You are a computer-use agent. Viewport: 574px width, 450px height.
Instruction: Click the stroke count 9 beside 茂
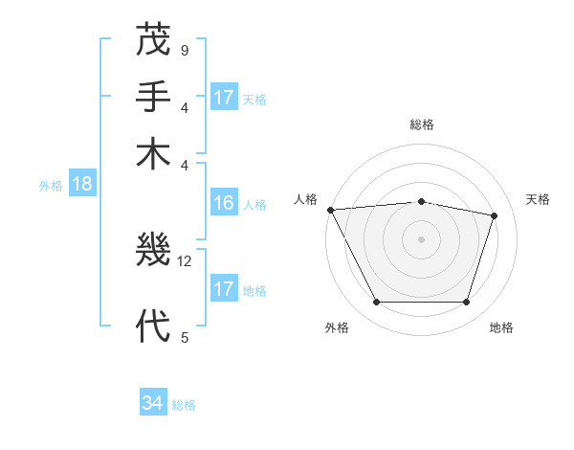[x=184, y=50]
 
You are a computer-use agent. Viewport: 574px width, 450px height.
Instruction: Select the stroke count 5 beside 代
[x=184, y=336]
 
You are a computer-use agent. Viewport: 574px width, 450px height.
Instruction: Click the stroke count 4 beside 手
[x=184, y=106]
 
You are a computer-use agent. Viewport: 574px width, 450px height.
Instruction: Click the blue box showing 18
[x=81, y=184]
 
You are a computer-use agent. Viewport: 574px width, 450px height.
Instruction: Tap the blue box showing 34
[x=152, y=403]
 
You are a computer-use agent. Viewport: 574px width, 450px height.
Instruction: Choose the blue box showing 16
[x=224, y=203]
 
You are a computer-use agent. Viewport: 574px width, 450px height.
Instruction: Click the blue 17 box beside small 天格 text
[x=224, y=98]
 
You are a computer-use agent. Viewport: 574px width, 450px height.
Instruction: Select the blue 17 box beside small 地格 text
[x=224, y=289]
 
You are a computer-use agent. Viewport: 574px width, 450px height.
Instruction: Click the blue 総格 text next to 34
[x=184, y=405]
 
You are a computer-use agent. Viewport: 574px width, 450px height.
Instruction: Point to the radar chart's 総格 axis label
[x=422, y=124]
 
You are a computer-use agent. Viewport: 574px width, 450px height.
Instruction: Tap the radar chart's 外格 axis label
[x=337, y=328]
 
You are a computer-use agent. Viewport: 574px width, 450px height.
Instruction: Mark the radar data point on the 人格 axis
[x=330, y=210]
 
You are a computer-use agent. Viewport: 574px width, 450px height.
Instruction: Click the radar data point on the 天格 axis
[x=495, y=215]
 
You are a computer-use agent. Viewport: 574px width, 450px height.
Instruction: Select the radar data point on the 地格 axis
[x=467, y=303]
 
